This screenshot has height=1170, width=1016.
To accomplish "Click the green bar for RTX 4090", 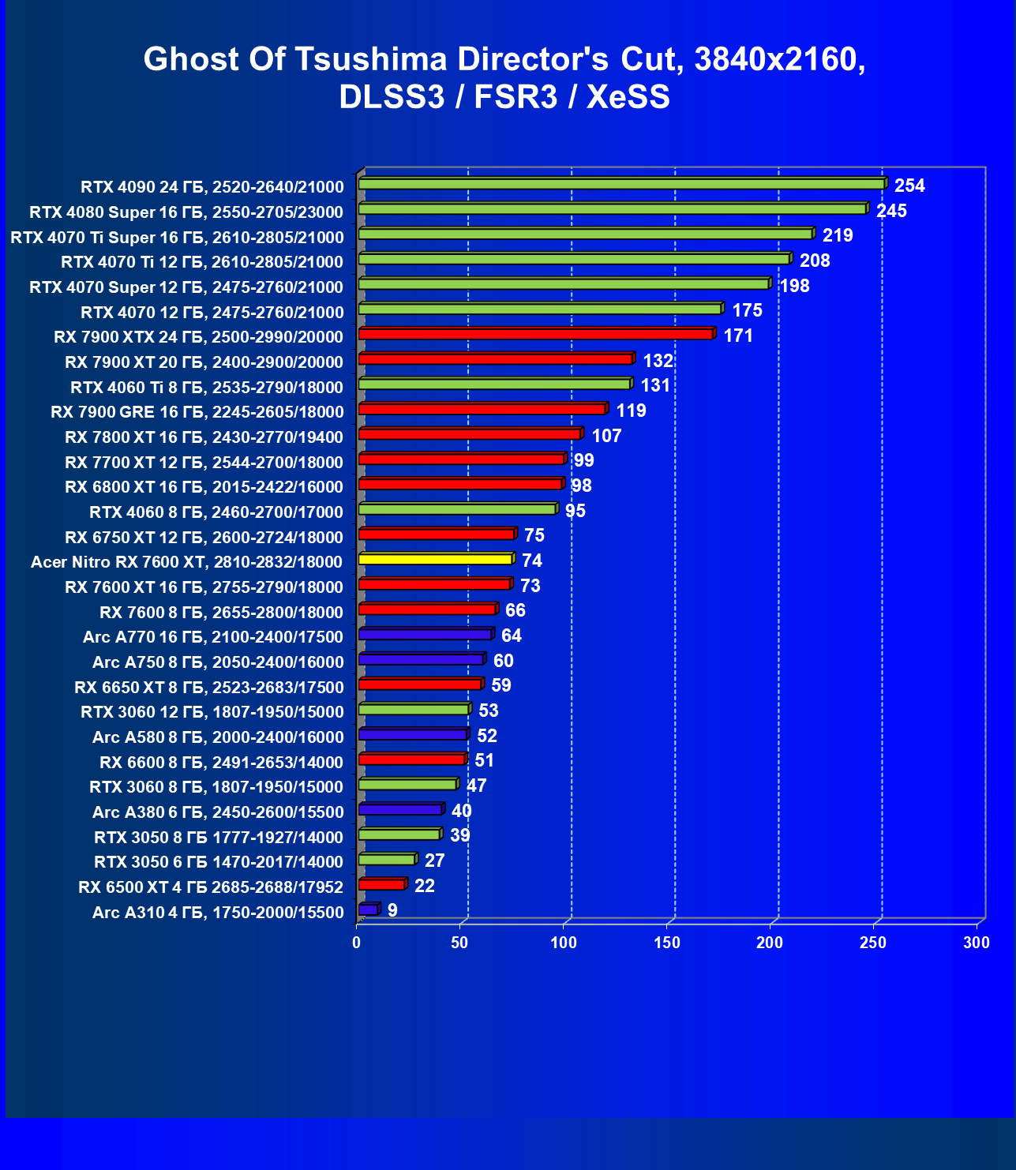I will [621, 184].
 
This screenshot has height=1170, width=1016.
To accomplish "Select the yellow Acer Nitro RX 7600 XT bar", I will [435, 559].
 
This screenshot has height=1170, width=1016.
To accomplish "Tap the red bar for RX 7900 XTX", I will [535, 334].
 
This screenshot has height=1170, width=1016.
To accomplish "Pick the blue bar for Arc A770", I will [425, 634].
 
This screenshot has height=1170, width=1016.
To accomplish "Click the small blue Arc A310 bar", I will [368, 909].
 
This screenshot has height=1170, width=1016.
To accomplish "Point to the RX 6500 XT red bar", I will [381, 884].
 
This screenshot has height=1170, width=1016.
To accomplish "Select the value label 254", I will [909, 186].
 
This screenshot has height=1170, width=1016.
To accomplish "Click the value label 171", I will [738, 336].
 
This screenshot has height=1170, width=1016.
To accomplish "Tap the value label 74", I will [532, 561].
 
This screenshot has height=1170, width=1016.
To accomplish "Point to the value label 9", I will [392, 910].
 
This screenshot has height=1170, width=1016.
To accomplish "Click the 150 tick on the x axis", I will [667, 942].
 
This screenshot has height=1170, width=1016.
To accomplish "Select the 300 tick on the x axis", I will [977, 942].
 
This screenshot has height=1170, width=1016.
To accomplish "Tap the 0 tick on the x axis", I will [357, 942].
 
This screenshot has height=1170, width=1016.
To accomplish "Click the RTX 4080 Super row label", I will [186, 212].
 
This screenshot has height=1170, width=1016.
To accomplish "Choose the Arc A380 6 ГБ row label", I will [218, 812].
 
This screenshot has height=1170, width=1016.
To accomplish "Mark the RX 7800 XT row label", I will [204, 437].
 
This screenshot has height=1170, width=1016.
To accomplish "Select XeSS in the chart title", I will [628, 96].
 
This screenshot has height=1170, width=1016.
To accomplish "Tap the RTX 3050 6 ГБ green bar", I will [387, 859].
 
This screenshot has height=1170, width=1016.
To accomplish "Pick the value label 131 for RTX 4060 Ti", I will [655, 385].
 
